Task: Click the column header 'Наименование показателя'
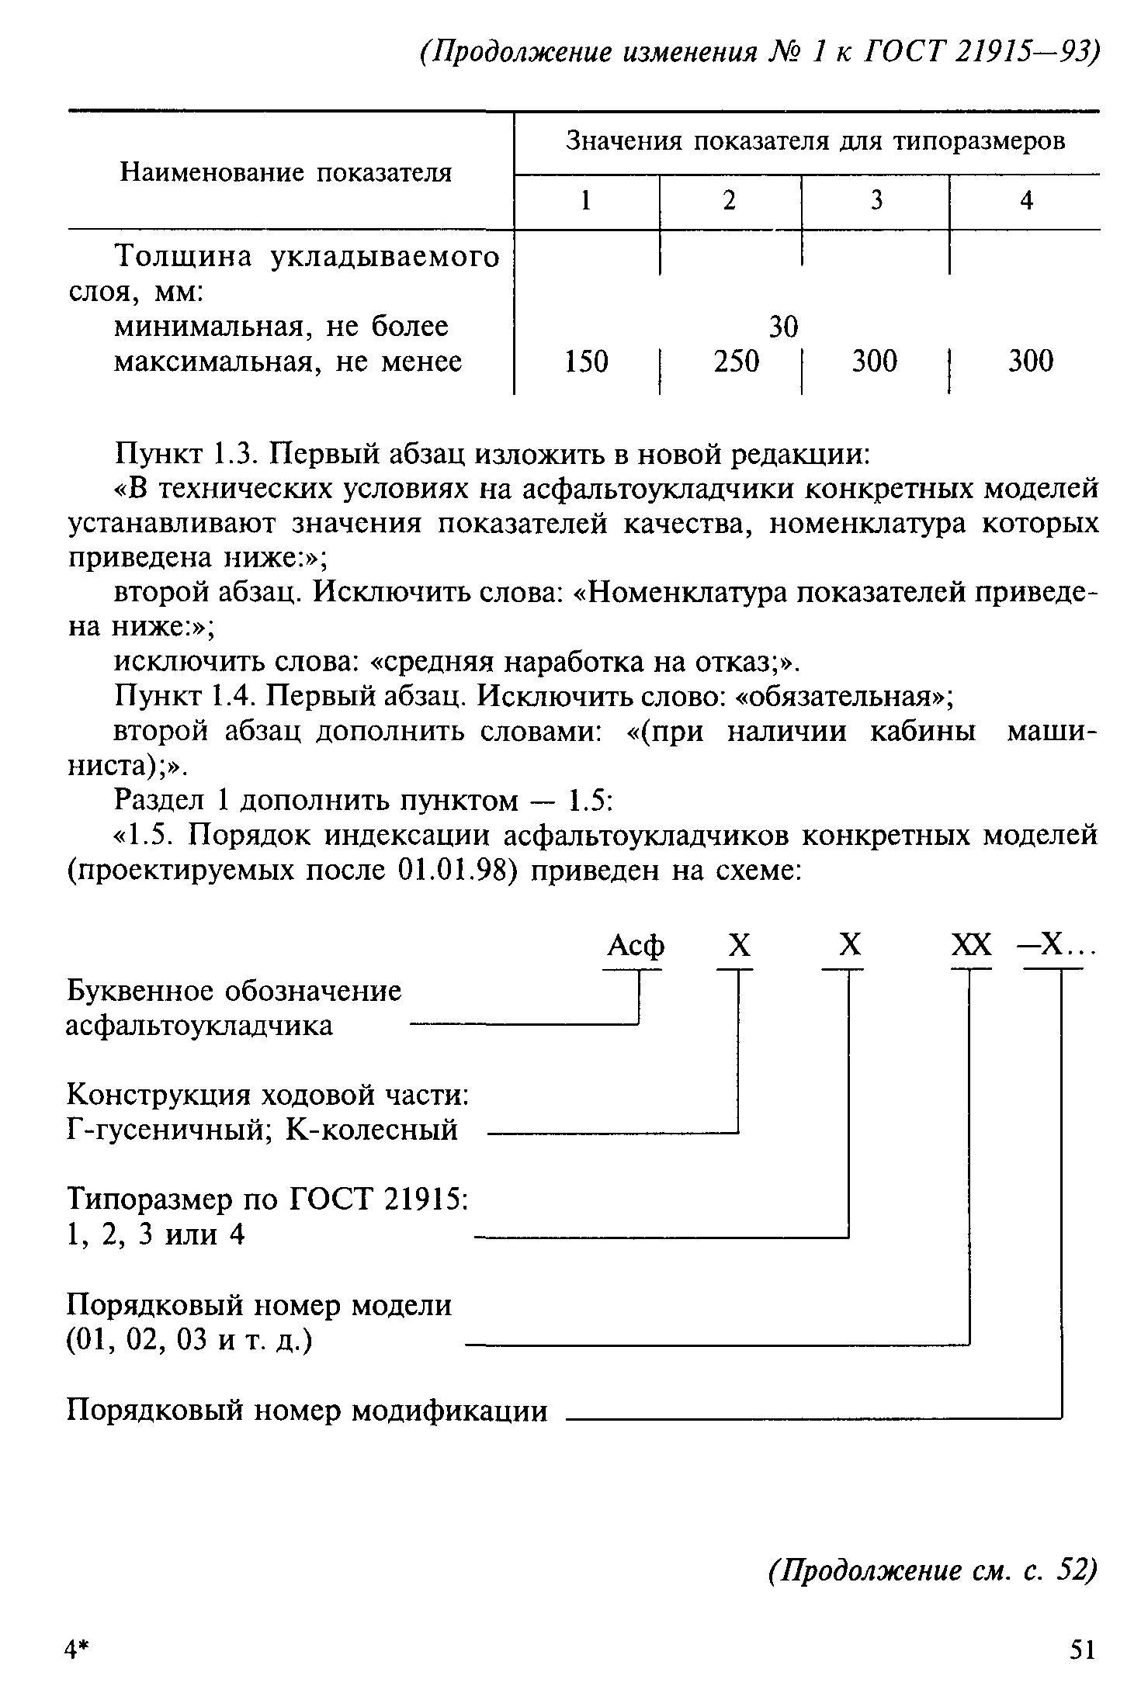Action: [x=286, y=172]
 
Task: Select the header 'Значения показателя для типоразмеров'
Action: [x=816, y=141]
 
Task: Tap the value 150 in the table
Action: [x=586, y=362]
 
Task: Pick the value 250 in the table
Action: [x=737, y=362]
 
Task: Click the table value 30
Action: [x=783, y=327]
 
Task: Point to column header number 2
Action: [x=730, y=201]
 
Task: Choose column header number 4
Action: [x=1026, y=201]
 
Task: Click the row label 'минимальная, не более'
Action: [x=281, y=327]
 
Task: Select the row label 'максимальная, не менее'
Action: [x=288, y=362]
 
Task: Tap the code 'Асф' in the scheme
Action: [x=636, y=947]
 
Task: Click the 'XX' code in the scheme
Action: [x=972, y=947]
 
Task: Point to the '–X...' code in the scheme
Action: [x=1056, y=947]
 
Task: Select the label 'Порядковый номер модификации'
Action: [x=307, y=1409]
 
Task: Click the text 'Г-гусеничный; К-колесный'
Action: [x=262, y=1130]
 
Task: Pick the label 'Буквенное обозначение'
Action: [x=234, y=991]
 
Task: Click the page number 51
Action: [x=1082, y=1649]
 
